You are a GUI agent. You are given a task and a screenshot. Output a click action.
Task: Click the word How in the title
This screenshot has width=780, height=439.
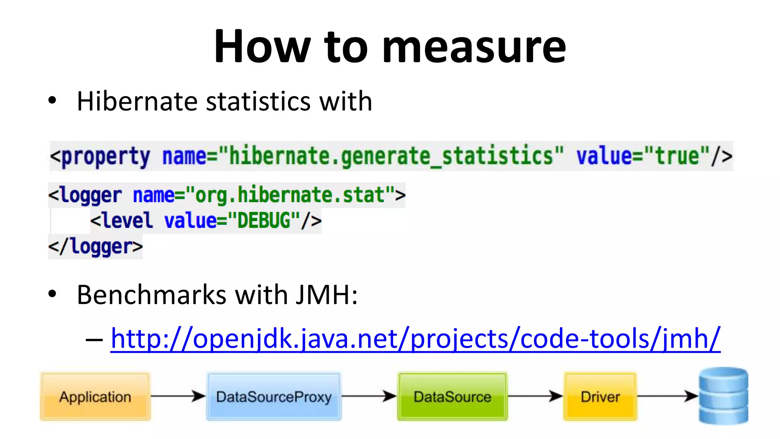point(262,46)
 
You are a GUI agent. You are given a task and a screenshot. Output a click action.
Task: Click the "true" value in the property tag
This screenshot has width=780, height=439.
point(677,156)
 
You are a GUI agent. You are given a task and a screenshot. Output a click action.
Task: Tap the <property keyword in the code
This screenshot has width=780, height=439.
point(100,157)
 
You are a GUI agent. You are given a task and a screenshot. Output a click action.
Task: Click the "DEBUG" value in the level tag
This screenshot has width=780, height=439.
point(264,221)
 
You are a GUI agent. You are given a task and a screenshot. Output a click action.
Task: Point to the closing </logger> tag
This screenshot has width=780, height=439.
point(95,247)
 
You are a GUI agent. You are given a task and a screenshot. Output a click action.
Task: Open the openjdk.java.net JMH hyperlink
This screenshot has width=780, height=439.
point(415,338)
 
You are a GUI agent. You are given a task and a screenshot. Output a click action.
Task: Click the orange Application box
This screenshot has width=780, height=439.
point(95,397)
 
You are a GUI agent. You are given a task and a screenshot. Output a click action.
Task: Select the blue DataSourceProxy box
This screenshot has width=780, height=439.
point(273,397)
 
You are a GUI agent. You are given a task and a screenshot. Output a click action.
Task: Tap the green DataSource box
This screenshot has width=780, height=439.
point(452,397)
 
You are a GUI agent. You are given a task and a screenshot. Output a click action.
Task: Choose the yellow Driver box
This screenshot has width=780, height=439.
point(600,397)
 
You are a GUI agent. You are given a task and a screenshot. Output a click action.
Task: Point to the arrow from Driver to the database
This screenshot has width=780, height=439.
point(667,396)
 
